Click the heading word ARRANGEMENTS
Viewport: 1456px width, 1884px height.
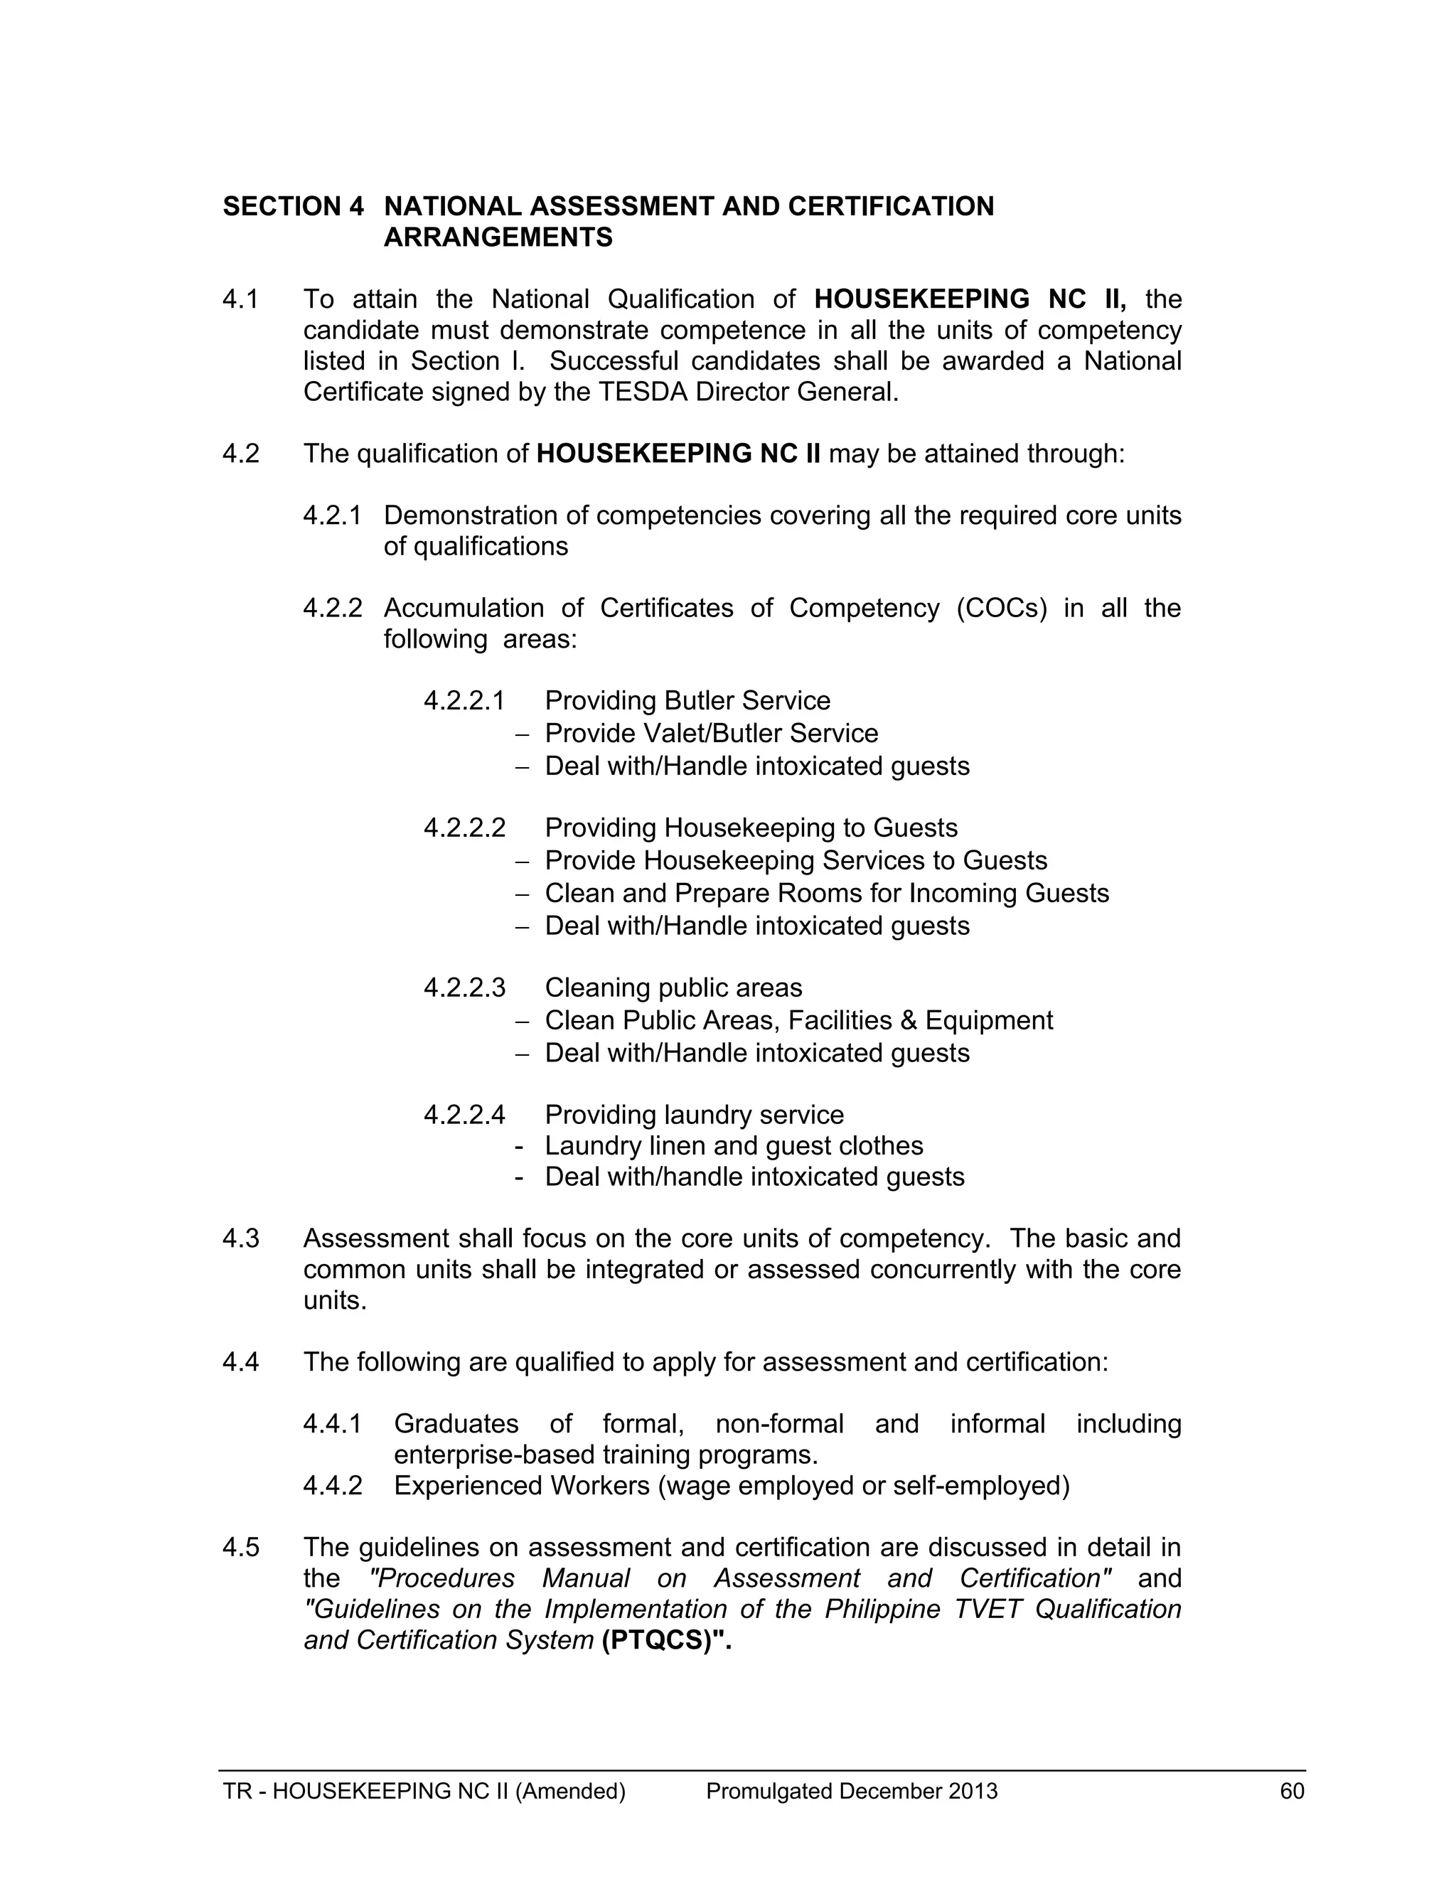click(x=498, y=237)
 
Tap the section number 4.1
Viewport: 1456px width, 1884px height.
click(x=241, y=299)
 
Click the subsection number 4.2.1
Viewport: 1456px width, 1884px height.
click(x=332, y=516)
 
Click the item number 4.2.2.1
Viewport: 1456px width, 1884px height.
click(x=464, y=700)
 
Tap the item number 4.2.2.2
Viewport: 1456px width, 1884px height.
click(x=464, y=828)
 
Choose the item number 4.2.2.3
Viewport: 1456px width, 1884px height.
click(x=464, y=988)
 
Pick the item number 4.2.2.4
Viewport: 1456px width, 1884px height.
click(x=464, y=1115)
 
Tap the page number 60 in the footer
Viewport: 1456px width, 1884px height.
click(x=1292, y=1792)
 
